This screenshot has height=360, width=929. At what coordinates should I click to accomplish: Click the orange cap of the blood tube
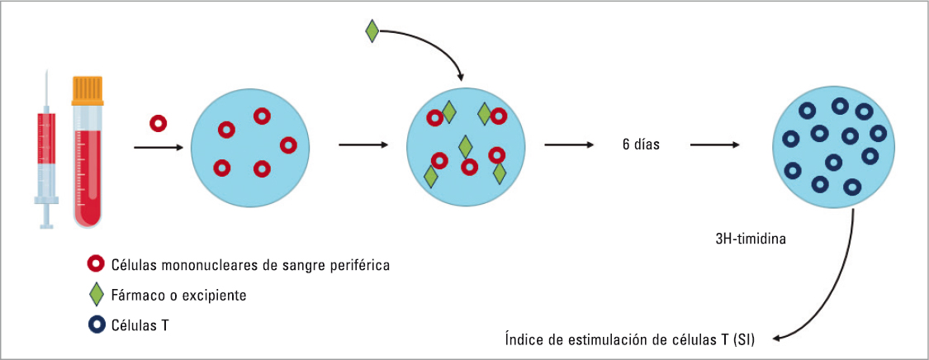click(88, 89)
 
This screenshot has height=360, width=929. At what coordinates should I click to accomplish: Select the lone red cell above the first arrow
click(158, 124)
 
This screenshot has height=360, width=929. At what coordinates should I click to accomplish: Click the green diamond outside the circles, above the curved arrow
click(372, 32)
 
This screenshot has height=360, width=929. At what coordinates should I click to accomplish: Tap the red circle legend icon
click(96, 265)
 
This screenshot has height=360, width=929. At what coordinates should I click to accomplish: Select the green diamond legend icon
click(96, 295)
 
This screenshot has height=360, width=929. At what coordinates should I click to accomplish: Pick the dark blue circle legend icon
click(96, 324)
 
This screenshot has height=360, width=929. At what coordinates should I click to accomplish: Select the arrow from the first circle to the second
click(363, 144)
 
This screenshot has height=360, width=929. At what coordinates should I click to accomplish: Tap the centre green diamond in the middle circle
click(466, 147)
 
